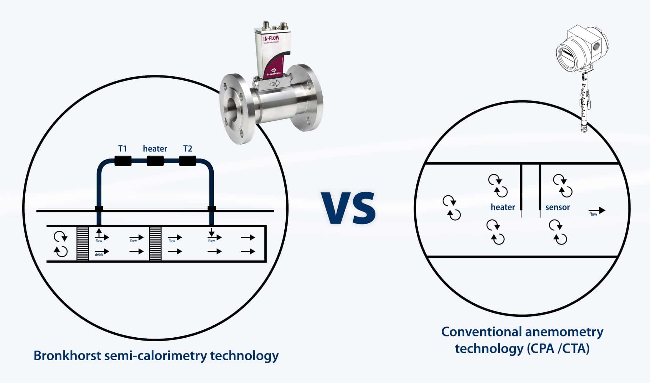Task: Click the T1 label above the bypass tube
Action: pyautogui.click(x=123, y=148)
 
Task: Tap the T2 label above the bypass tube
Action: pyautogui.click(x=188, y=148)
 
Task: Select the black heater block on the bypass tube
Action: pyautogui.click(x=155, y=161)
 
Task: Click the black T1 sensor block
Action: pyautogui.click(x=123, y=161)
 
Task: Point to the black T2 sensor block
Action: pyautogui.click(x=188, y=161)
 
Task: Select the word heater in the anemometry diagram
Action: pyautogui.click(x=503, y=207)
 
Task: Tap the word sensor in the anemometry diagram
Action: pyautogui.click(x=558, y=207)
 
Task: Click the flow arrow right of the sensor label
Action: pyautogui.click(x=597, y=210)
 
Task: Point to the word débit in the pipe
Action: pyautogui.click(x=99, y=255)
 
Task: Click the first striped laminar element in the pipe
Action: pyautogui.click(x=83, y=243)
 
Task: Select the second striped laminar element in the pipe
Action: pyautogui.click(x=155, y=243)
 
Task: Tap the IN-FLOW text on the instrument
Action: pyautogui.click(x=271, y=39)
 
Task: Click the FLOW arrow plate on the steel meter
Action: pyautogui.click(x=275, y=84)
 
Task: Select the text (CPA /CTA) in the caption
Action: pyautogui.click(x=558, y=348)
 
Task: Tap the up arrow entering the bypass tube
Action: pyautogui.click(x=99, y=231)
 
